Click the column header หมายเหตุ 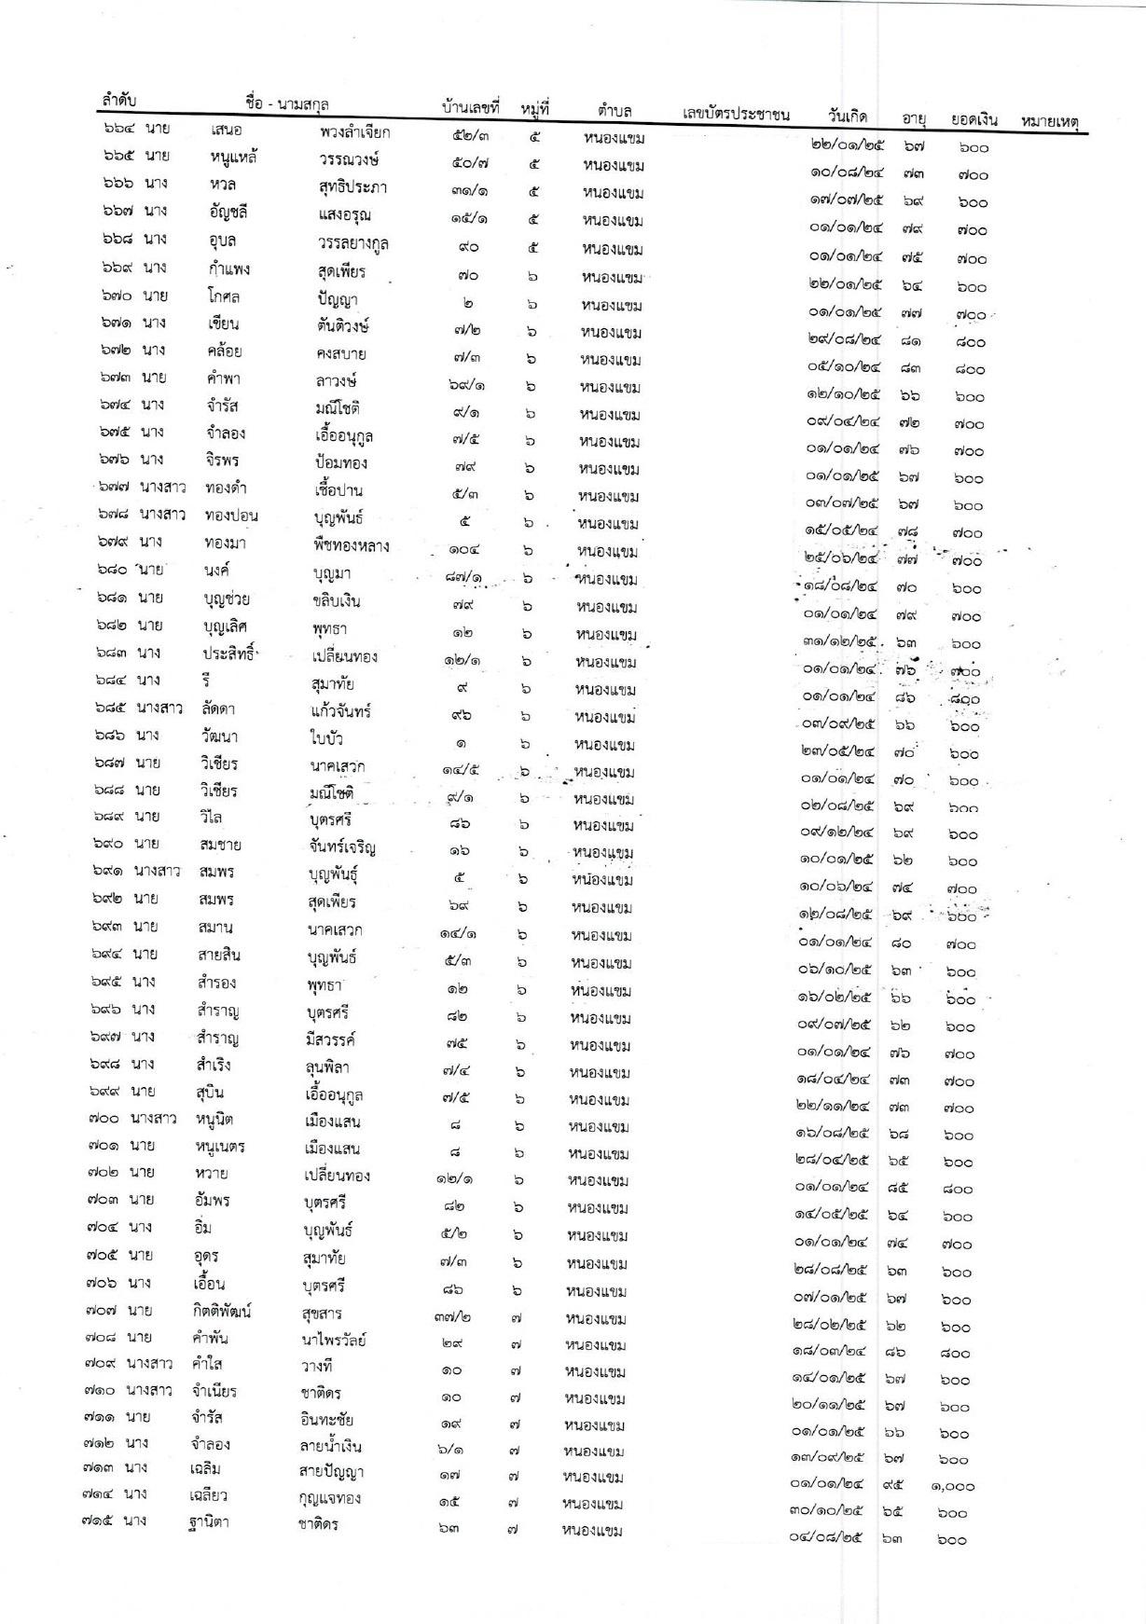pyautogui.click(x=1049, y=121)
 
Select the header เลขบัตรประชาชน pyautogui.click(x=736, y=115)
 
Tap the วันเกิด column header pyautogui.click(x=847, y=117)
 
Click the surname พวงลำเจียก pyautogui.click(x=354, y=132)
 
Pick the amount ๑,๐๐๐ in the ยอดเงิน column pyautogui.click(x=952, y=1487)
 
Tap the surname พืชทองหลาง pyautogui.click(x=351, y=546)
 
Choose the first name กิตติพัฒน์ pyautogui.click(x=222, y=1312)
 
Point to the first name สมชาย pyautogui.click(x=220, y=846)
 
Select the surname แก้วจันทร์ pyautogui.click(x=340, y=711)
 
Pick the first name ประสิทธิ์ pyautogui.click(x=229, y=655)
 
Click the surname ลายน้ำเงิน pyautogui.click(x=324, y=1447)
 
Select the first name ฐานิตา pyautogui.click(x=208, y=1523)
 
